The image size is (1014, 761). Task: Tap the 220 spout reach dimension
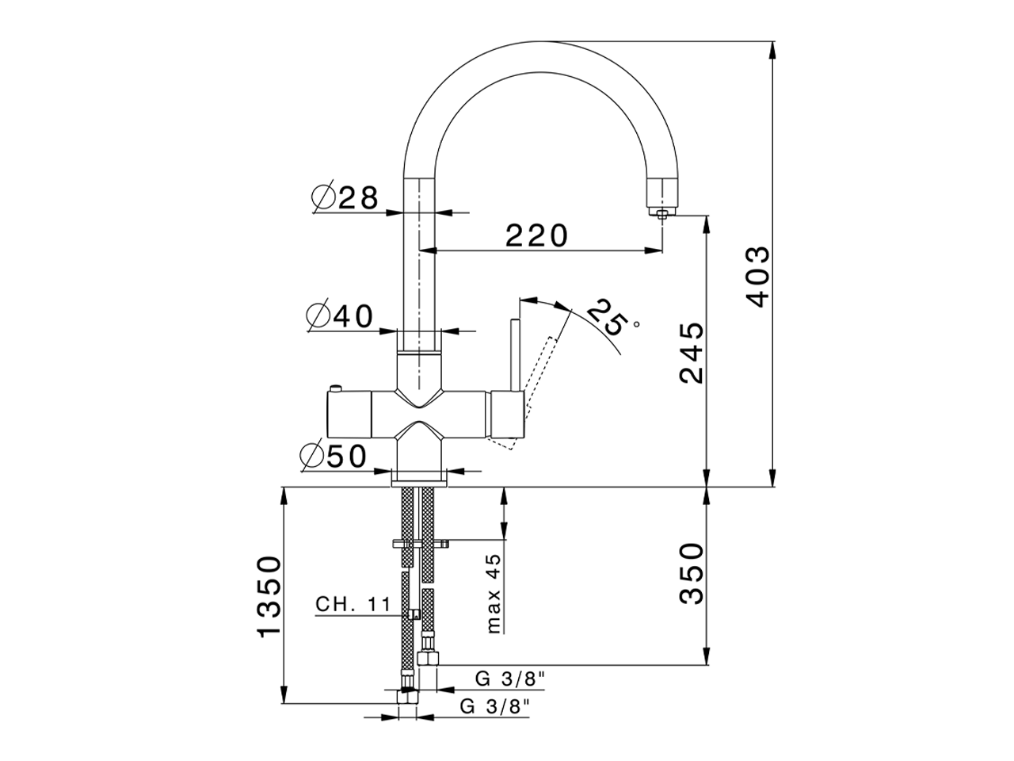(537, 235)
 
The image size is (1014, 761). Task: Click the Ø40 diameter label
(340, 316)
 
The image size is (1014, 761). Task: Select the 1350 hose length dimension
(269, 596)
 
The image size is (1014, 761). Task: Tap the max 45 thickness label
(494, 594)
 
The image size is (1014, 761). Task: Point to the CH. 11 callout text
(353, 605)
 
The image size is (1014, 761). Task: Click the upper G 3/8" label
(510, 679)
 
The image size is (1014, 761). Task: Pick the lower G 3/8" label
(494, 706)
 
